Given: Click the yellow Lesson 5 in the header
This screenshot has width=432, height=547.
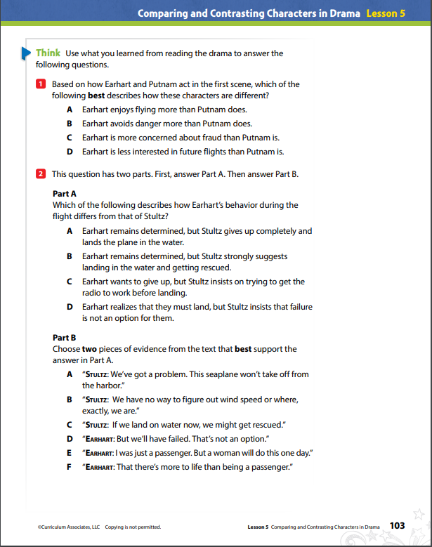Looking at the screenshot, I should (385, 13).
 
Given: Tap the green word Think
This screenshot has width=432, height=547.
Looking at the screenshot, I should (48, 53).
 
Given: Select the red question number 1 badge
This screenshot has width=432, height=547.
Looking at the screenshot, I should (41, 84).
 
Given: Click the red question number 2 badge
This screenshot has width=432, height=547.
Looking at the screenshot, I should (41, 174).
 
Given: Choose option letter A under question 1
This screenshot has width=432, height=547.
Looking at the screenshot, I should (70, 110).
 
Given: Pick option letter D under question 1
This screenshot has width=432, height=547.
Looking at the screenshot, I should (70, 151).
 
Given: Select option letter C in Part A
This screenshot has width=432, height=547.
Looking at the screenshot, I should (70, 282).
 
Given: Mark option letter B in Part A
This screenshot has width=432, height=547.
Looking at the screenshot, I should (70, 256).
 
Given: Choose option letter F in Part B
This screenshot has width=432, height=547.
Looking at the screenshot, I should (70, 466).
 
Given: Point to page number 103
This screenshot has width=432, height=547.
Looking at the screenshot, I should (397, 525).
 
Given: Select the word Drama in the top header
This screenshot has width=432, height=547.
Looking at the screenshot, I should (344, 13).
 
